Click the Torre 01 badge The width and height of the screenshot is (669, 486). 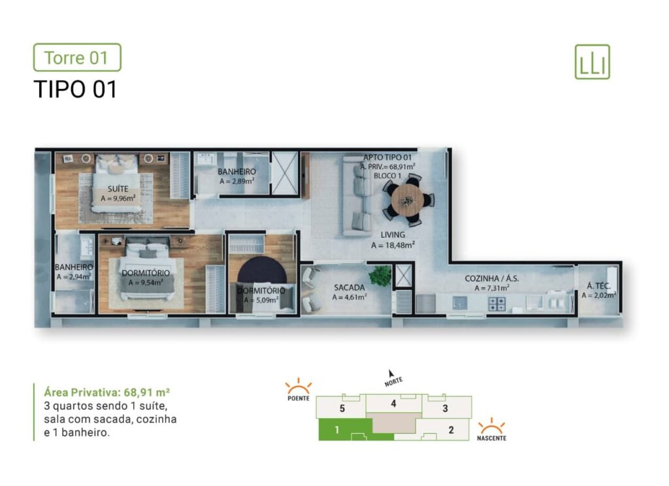77,57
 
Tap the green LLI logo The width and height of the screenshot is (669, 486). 592,62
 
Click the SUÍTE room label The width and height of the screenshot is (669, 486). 118,189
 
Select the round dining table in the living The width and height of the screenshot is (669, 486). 408,199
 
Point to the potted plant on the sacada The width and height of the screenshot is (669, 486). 380,275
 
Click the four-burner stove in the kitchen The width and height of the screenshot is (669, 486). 497,304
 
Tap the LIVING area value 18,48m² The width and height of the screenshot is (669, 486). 393,246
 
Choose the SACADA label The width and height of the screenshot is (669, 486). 349,287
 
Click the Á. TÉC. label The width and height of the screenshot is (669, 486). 598,286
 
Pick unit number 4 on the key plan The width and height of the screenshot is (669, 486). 393,403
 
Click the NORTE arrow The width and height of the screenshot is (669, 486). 391,374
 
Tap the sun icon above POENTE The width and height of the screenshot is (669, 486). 298,387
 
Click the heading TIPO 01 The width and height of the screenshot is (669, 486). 75,89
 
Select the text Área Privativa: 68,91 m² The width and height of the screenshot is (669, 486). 107,392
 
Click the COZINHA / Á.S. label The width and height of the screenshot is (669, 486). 491,278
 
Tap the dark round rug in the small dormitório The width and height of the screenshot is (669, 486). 262,272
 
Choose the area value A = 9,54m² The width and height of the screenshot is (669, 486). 146,282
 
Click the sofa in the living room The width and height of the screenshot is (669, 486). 357,195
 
